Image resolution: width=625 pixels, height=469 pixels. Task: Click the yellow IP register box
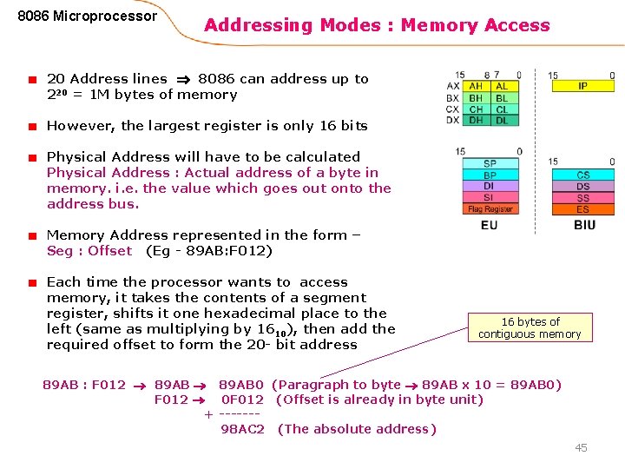(582, 86)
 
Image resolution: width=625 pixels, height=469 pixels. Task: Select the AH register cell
(477, 86)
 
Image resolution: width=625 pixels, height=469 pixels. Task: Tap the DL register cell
(504, 120)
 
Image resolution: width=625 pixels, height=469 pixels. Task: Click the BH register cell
(477, 98)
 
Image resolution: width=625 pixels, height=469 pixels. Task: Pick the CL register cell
(504, 109)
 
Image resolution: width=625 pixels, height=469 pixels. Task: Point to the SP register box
(490, 163)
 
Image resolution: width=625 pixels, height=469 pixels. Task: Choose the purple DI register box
(490, 186)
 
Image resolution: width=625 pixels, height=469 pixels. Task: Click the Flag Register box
(490, 208)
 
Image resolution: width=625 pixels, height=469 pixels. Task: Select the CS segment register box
(583, 175)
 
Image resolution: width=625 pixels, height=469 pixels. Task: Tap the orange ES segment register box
(583, 208)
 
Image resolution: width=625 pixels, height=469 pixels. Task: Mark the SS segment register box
(583, 197)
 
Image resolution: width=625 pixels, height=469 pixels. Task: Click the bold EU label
(490, 226)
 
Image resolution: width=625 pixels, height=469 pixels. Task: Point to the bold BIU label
(584, 226)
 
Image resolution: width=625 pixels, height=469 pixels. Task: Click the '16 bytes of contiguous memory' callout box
(530, 327)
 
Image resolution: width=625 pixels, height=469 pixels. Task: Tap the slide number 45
(581, 447)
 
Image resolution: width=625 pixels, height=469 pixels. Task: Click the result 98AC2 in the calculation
(242, 429)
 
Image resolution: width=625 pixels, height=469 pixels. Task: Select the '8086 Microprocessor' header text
(88, 17)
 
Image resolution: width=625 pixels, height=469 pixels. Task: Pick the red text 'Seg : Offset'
(89, 251)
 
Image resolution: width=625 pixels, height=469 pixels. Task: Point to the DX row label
(452, 120)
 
